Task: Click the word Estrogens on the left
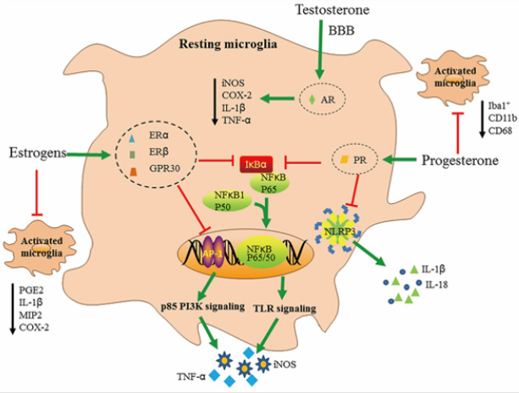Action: tap(36, 153)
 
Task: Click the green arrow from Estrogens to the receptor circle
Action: tap(91, 154)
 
